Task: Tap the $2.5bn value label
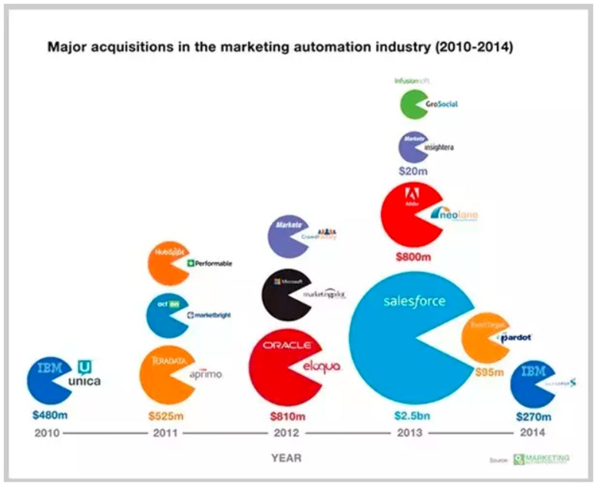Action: pyautogui.click(x=412, y=416)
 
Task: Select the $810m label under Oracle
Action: pyautogui.click(x=287, y=416)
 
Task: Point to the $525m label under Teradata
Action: pyautogui.click(x=166, y=416)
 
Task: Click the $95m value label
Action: pyautogui.click(x=489, y=372)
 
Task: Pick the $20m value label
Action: pyautogui.click(x=413, y=171)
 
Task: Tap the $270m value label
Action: pyautogui.click(x=534, y=416)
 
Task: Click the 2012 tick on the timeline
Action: pyautogui.click(x=286, y=433)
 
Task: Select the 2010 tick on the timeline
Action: pyautogui.click(x=47, y=433)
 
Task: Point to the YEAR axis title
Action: pyautogui.click(x=286, y=458)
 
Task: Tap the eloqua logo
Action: pyautogui.click(x=322, y=367)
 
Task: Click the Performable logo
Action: pyautogui.click(x=210, y=263)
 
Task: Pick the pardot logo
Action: pyautogui.click(x=515, y=337)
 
